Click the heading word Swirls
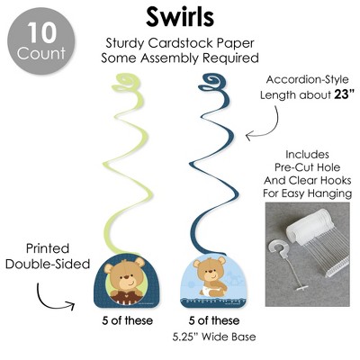180,16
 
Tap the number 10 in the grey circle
41,32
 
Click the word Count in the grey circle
41,53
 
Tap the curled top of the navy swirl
214,82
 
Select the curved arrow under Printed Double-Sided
49,301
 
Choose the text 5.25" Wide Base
214,337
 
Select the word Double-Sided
48,264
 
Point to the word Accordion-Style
308,80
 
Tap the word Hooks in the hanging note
336,180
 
